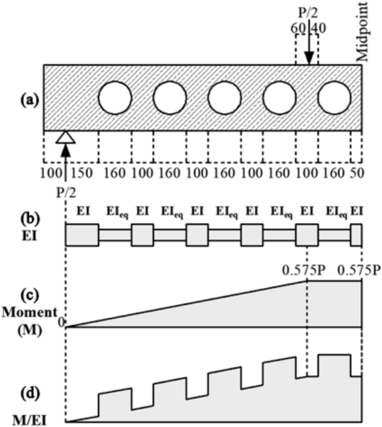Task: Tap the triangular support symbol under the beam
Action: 66,137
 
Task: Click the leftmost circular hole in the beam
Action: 115,98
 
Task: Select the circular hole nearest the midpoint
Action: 335,98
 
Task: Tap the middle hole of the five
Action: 225,98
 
